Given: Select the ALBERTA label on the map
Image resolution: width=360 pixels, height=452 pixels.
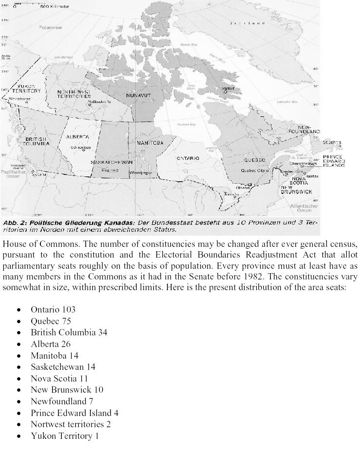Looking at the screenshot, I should pos(77,137).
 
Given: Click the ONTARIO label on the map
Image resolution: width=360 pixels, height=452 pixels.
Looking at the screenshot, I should pos(188,158).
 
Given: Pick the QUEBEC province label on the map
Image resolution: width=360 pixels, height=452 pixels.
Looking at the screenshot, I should pos(254,160).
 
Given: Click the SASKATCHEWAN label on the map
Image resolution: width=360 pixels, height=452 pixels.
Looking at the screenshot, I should pos(112,162).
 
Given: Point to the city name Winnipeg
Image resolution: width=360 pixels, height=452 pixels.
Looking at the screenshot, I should pos(141,173).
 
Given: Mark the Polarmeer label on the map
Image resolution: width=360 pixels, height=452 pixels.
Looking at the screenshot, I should pos(51,28).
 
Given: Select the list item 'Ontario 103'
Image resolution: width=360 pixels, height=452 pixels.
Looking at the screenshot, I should pos(53,310).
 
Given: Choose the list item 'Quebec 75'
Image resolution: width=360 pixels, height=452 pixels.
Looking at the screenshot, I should pos(51,321).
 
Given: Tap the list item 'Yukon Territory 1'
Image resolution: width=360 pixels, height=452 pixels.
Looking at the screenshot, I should pos(65,436).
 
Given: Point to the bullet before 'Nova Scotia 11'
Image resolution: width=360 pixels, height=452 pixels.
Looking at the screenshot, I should pos(19,379).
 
